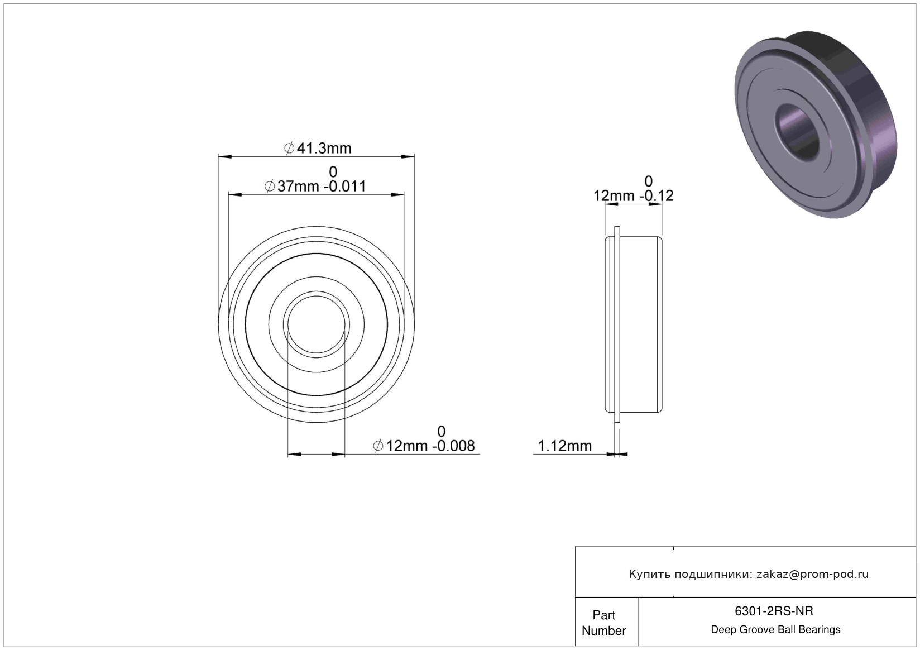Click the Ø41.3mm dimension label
318,149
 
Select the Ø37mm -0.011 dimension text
315,187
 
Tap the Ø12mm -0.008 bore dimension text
424,446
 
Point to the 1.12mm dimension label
565,446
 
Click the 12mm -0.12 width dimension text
633,196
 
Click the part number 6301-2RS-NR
774,611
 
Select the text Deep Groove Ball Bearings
775,630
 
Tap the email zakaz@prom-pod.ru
812,575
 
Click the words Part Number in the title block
604,623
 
